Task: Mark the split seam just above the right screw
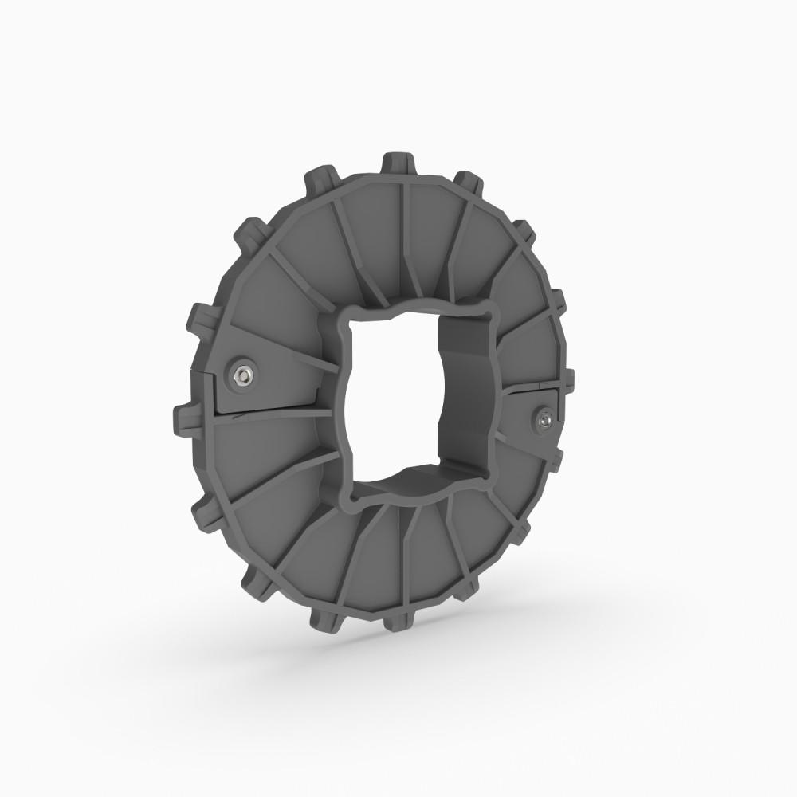click(x=530, y=390)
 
